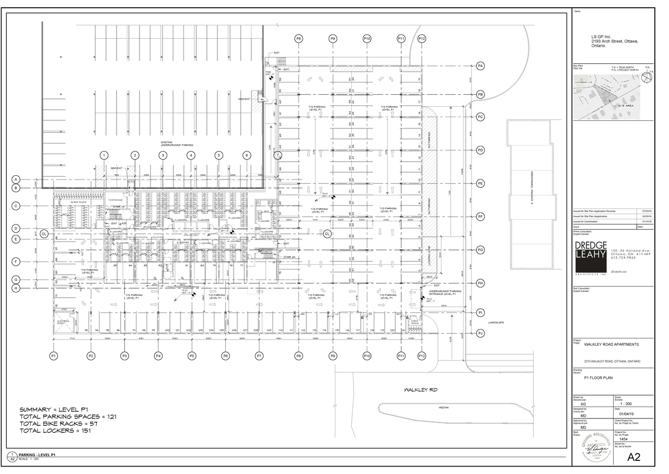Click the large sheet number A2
point(633,457)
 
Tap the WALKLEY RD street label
point(420,390)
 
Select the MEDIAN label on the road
point(444,408)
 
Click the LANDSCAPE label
point(495,323)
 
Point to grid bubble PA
point(480,65)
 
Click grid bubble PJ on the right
point(480,333)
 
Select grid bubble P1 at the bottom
point(53,356)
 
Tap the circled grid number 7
point(278,155)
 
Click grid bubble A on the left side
point(16,179)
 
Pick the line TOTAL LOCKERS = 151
point(58,431)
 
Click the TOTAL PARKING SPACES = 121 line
point(68,416)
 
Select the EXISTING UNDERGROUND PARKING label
point(177,143)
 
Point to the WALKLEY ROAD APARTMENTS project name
point(611,345)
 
